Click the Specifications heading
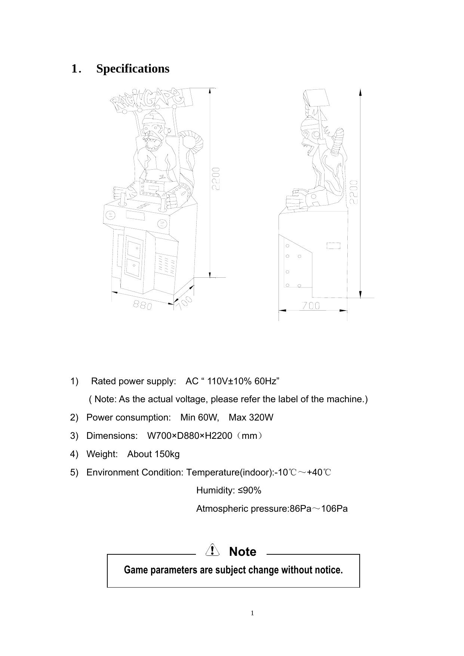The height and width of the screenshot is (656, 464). point(133,69)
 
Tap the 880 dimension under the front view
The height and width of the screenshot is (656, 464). point(142,306)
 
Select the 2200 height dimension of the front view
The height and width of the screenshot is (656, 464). point(216,179)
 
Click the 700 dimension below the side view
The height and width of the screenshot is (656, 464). point(311,306)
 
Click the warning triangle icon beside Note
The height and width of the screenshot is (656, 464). point(212,550)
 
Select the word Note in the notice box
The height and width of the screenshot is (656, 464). point(243,551)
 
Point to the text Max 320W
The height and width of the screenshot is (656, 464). point(251,418)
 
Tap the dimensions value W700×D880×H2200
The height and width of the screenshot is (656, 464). point(190,436)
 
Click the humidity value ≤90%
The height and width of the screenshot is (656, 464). point(250,490)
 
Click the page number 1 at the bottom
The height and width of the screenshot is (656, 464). point(252,613)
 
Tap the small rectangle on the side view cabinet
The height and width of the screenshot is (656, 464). point(334,246)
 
